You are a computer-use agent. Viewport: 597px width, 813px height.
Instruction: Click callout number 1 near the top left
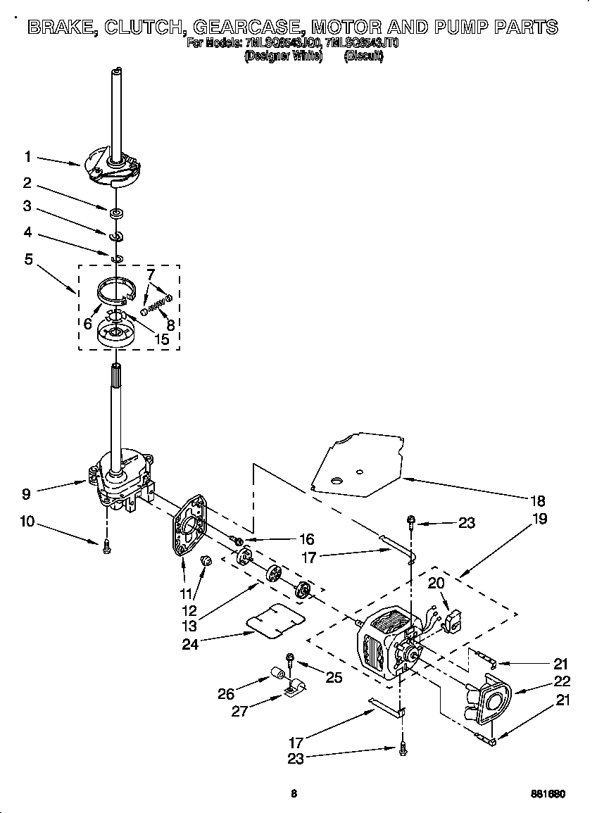pyautogui.click(x=27, y=156)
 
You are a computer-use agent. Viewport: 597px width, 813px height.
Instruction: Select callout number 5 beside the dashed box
pyautogui.click(x=28, y=259)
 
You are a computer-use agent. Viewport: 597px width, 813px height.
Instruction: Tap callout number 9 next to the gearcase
pyautogui.click(x=26, y=493)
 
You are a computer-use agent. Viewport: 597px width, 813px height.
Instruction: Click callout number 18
pyautogui.click(x=538, y=501)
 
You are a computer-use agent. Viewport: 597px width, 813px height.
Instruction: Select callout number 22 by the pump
pyautogui.click(x=561, y=681)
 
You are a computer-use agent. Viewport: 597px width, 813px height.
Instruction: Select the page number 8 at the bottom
pyautogui.click(x=294, y=793)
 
